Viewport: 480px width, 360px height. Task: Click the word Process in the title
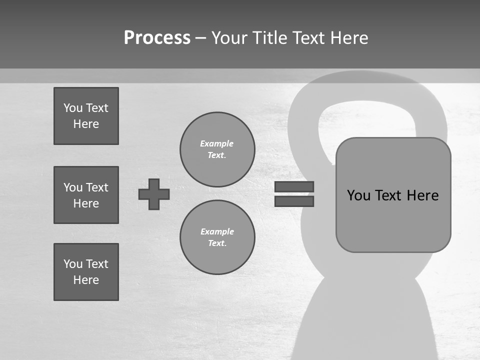pos(157,38)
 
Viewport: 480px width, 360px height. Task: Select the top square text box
pos(86,116)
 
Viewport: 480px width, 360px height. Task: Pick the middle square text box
pos(86,195)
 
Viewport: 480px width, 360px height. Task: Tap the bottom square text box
pos(86,272)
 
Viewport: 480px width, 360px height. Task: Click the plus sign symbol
pos(154,194)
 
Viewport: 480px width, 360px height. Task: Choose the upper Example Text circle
pos(217,149)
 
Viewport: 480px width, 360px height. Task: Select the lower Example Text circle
pos(217,237)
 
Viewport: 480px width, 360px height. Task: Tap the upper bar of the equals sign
pos(294,187)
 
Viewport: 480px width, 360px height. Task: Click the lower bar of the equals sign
pos(294,201)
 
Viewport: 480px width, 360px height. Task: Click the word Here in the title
pos(348,38)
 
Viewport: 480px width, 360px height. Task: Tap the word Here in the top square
pos(86,124)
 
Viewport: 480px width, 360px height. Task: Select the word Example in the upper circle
pos(217,143)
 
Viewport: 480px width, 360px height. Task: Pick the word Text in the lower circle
pos(216,243)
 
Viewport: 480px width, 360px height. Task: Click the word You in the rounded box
pos(359,195)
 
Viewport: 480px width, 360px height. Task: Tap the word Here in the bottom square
pos(86,280)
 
